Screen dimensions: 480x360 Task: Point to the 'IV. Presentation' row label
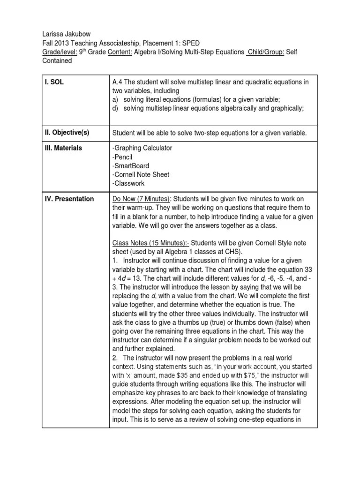[70, 199]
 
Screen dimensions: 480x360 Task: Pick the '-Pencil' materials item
[124, 157]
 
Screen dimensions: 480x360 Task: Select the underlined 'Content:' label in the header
[120, 52]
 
